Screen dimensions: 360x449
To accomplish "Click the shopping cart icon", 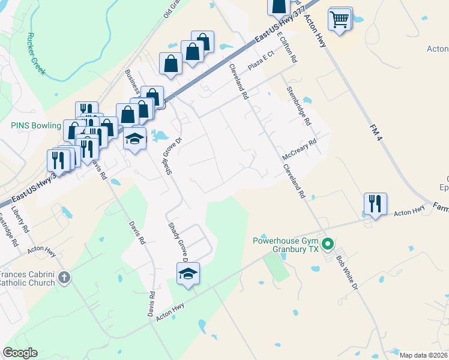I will [340, 20].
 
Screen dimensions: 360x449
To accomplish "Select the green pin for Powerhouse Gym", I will [328, 244].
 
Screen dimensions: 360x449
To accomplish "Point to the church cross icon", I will [65, 278].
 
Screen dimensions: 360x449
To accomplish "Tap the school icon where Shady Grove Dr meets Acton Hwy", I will [188, 274].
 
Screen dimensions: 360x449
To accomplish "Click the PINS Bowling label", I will [36, 125].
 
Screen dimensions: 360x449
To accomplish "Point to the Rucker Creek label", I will [36, 54].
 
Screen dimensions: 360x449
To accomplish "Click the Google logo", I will [20, 353].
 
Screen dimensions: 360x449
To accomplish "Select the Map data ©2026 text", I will [424, 355].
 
